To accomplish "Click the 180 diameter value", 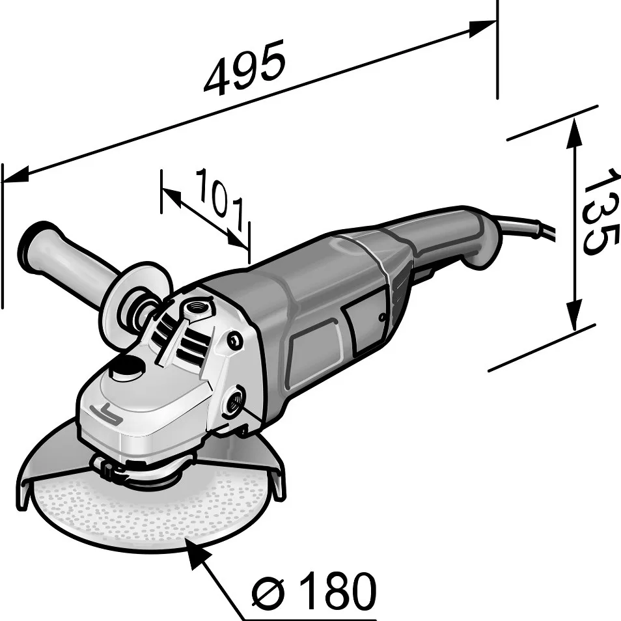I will pyautogui.click(x=339, y=591).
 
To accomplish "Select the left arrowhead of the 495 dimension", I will pyautogui.click(x=16, y=174).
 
